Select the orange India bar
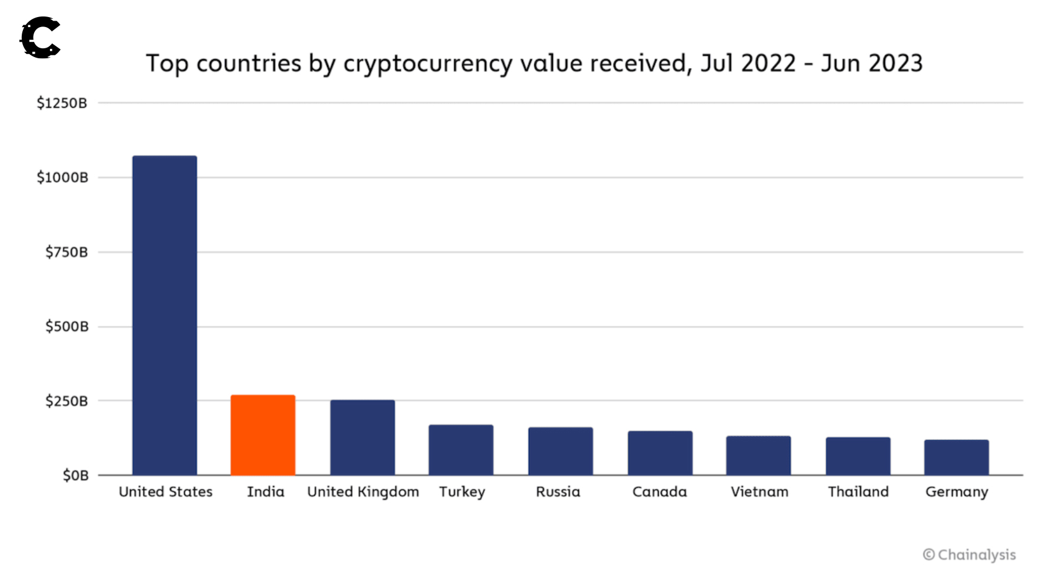click(263, 435)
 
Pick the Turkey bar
click(461, 450)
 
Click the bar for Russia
click(560, 451)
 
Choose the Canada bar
click(660, 453)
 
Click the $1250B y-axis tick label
click(62, 104)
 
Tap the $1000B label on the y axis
click(62, 178)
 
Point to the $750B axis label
click(66, 252)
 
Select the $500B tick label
click(67, 327)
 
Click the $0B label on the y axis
click(76, 476)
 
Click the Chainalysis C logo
click(41, 38)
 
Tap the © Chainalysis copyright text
click(969, 555)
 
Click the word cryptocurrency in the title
click(428, 64)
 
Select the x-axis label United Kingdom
click(363, 492)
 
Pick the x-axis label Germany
click(957, 492)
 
